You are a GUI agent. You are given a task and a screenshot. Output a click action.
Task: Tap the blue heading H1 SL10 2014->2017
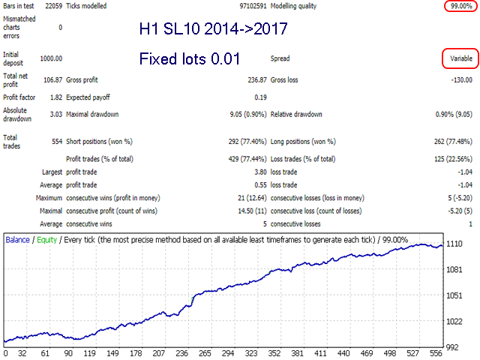pyautogui.click(x=213, y=31)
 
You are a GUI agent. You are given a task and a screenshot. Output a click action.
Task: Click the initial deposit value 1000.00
pyautogui.click(x=50, y=58)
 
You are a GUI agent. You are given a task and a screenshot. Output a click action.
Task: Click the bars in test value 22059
pyautogui.click(x=52, y=7)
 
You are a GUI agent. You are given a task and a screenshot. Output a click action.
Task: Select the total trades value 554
pyautogui.click(x=55, y=140)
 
